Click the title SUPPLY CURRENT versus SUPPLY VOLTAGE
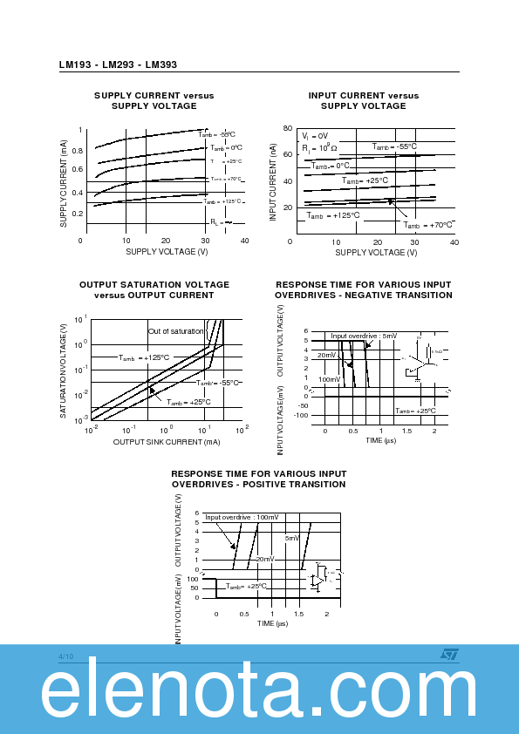(x=154, y=100)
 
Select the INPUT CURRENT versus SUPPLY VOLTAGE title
(x=363, y=100)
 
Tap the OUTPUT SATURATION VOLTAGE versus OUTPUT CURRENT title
(x=154, y=289)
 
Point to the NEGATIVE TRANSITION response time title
(x=363, y=289)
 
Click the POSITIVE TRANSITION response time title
(x=258, y=479)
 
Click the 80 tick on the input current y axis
(x=288, y=128)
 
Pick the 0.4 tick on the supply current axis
(x=77, y=193)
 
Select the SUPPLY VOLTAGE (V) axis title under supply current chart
(x=167, y=252)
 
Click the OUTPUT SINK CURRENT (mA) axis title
(x=167, y=442)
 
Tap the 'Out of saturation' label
(x=175, y=331)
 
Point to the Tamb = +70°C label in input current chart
(x=427, y=225)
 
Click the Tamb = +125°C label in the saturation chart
(x=144, y=357)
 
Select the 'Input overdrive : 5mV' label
(x=364, y=336)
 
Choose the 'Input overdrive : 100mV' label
(x=242, y=517)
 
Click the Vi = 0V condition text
(x=315, y=136)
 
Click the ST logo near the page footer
(x=448, y=653)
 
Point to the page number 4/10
(x=66, y=656)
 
